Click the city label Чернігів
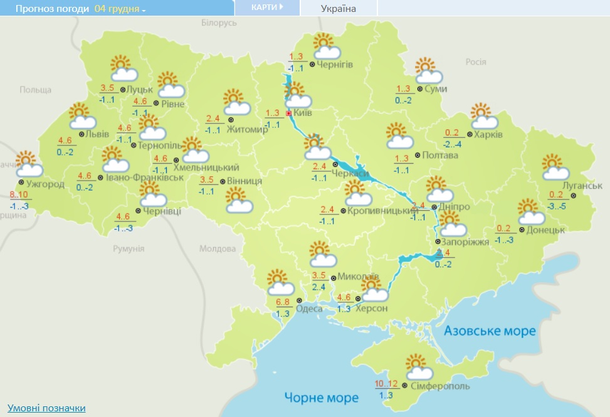[335, 65]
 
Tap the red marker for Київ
[288, 113]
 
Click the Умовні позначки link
[46, 408]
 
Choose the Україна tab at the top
[338, 8]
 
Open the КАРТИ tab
[266, 7]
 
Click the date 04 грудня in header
[119, 9]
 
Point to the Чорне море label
[321, 398]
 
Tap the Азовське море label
[490, 330]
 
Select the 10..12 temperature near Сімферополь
[387, 384]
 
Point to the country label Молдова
[218, 248]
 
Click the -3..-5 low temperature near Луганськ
[558, 205]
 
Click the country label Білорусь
[219, 23]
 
